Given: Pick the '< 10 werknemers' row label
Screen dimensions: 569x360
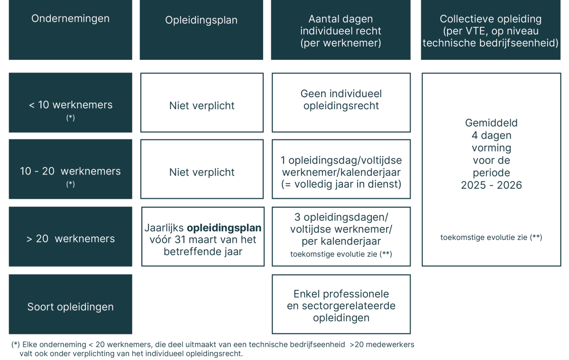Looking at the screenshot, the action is click(70, 105).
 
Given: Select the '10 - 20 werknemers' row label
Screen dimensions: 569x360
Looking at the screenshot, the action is click(70, 171).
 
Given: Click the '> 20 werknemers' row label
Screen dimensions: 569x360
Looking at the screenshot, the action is click(70, 239).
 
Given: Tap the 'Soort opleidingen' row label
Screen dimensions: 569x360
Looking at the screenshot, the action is click(70, 307).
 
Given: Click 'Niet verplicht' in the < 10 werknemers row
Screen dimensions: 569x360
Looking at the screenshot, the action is click(202, 106).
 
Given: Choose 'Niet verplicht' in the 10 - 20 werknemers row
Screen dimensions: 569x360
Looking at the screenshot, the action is click(202, 172).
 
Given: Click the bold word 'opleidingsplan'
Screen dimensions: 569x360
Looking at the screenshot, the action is click(224, 228).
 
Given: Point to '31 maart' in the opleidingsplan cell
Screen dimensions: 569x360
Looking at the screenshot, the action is click(195, 240).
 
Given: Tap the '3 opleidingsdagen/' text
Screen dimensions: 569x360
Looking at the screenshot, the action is click(341, 217).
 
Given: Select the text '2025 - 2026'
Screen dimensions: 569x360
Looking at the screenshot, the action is click(491, 185).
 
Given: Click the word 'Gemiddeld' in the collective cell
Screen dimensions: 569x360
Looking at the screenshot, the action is click(491, 123).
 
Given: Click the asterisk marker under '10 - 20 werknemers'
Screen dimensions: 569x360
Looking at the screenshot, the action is click(70, 184).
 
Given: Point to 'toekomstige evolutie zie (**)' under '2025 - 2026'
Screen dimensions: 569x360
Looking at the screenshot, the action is click(491, 237).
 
